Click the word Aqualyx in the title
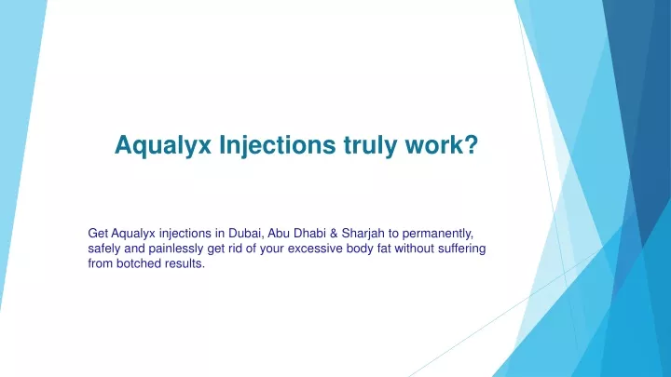click(163, 145)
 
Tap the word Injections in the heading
click(278, 145)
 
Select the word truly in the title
click(370, 145)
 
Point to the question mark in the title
click(471, 144)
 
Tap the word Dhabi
click(309, 234)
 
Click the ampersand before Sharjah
click(334, 234)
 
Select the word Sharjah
click(363, 234)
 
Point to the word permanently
click(437, 235)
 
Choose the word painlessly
click(176, 249)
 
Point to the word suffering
click(461, 249)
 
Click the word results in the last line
click(185, 263)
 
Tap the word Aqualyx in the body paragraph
click(133, 234)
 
